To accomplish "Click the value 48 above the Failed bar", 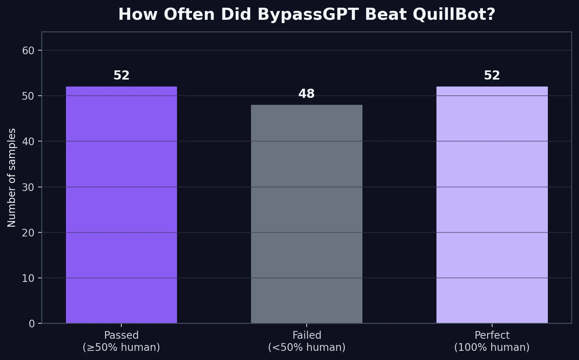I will (306, 94).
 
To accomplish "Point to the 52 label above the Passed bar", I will (121, 76).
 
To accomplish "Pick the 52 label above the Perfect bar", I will (492, 76).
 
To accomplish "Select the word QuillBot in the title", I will (454, 15).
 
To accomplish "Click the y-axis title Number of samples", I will (12, 177).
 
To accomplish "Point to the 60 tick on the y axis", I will (28, 51).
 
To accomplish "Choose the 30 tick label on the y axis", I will (28, 187).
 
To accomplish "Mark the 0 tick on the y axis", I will (32, 324).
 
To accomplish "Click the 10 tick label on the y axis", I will (28, 279).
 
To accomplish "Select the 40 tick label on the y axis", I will (28, 142).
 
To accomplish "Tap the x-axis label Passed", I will (121, 335).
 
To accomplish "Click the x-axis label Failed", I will (306, 335).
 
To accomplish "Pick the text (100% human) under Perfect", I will (492, 348).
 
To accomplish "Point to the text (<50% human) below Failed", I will (306, 348).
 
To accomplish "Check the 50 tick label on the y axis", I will (28, 96).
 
